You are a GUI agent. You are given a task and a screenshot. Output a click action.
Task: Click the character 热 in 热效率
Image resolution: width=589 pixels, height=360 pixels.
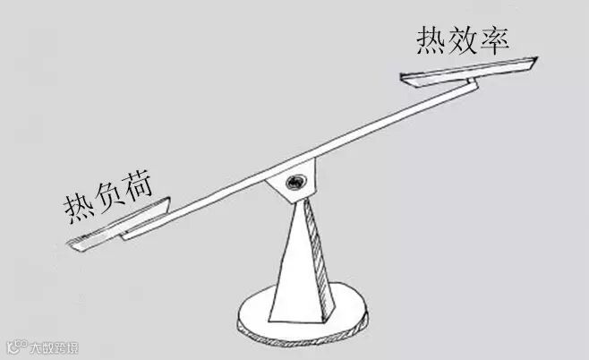[x=431, y=40]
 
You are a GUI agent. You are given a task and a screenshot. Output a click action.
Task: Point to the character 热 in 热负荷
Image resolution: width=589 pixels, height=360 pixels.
[x=78, y=205]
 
